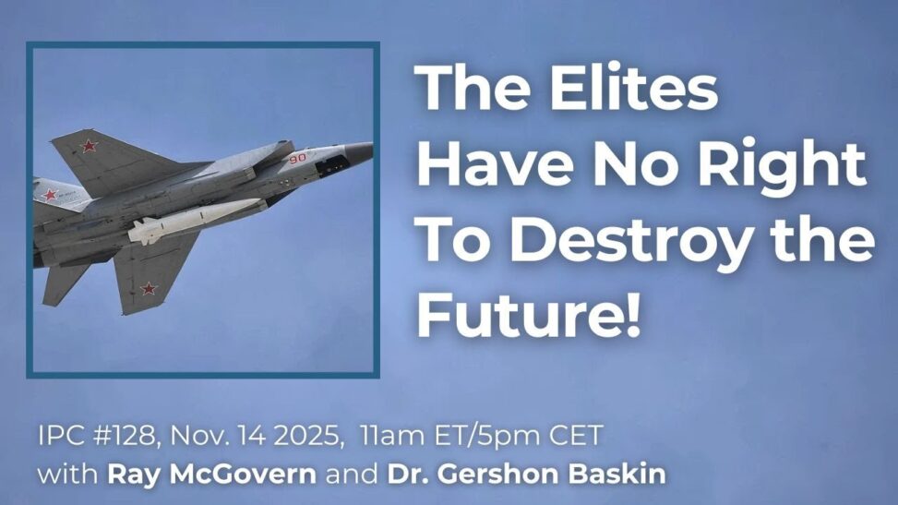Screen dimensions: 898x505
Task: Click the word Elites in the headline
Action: click(633, 89)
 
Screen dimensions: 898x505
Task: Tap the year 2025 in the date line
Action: click(305, 436)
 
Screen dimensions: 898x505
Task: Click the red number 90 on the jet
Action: click(297, 158)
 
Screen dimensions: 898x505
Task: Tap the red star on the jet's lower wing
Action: click(149, 288)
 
